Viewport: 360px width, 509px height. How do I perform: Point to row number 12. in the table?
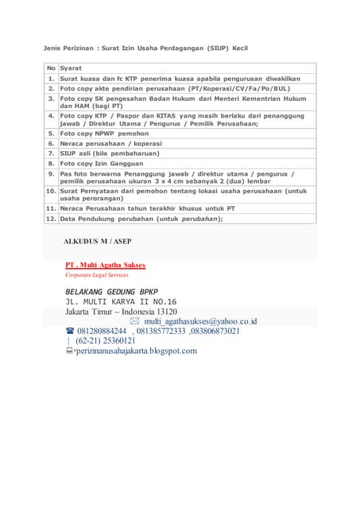point(51,218)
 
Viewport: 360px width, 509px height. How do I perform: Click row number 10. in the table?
point(51,191)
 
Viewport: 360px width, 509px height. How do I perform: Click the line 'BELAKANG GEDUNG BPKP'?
point(112,291)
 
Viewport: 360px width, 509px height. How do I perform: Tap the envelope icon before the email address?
point(145,321)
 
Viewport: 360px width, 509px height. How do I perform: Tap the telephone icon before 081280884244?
point(70,331)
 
